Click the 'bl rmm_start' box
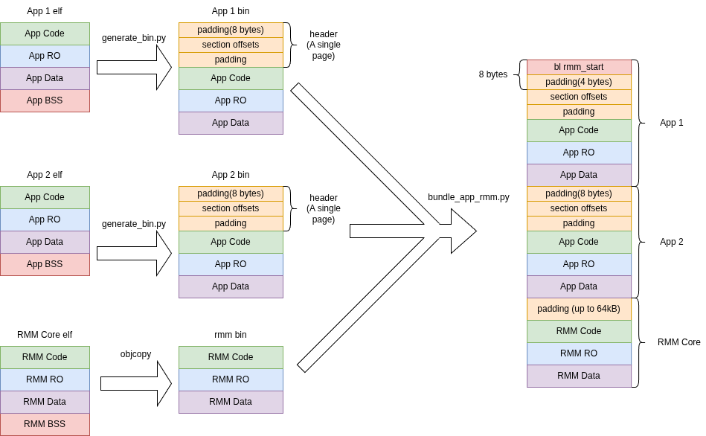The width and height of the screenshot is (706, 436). (579, 67)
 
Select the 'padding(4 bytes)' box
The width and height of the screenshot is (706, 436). (579, 82)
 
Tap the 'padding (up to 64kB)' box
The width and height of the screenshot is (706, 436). (579, 309)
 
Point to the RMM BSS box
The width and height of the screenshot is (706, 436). (45, 424)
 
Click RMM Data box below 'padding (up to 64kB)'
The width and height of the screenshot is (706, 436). (579, 376)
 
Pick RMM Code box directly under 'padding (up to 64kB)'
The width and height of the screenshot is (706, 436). (579, 331)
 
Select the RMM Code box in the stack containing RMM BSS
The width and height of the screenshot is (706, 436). (45, 357)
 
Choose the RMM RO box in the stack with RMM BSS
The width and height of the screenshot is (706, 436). (45, 379)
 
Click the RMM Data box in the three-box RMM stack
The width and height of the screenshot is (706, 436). (231, 402)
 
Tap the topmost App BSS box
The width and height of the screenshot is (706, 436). (45, 100)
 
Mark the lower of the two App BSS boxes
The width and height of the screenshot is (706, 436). (45, 264)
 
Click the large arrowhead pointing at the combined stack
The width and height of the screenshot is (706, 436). (461, 231)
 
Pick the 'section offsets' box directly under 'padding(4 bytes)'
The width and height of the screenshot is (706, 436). (579, 97)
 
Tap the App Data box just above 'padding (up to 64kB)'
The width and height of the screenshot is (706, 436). (579, 286)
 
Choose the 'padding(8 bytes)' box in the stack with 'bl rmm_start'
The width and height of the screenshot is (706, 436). (579, 193)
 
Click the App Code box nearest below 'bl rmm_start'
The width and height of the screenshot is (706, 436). (579, 130)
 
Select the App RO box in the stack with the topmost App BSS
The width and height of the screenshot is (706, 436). (45, 56)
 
